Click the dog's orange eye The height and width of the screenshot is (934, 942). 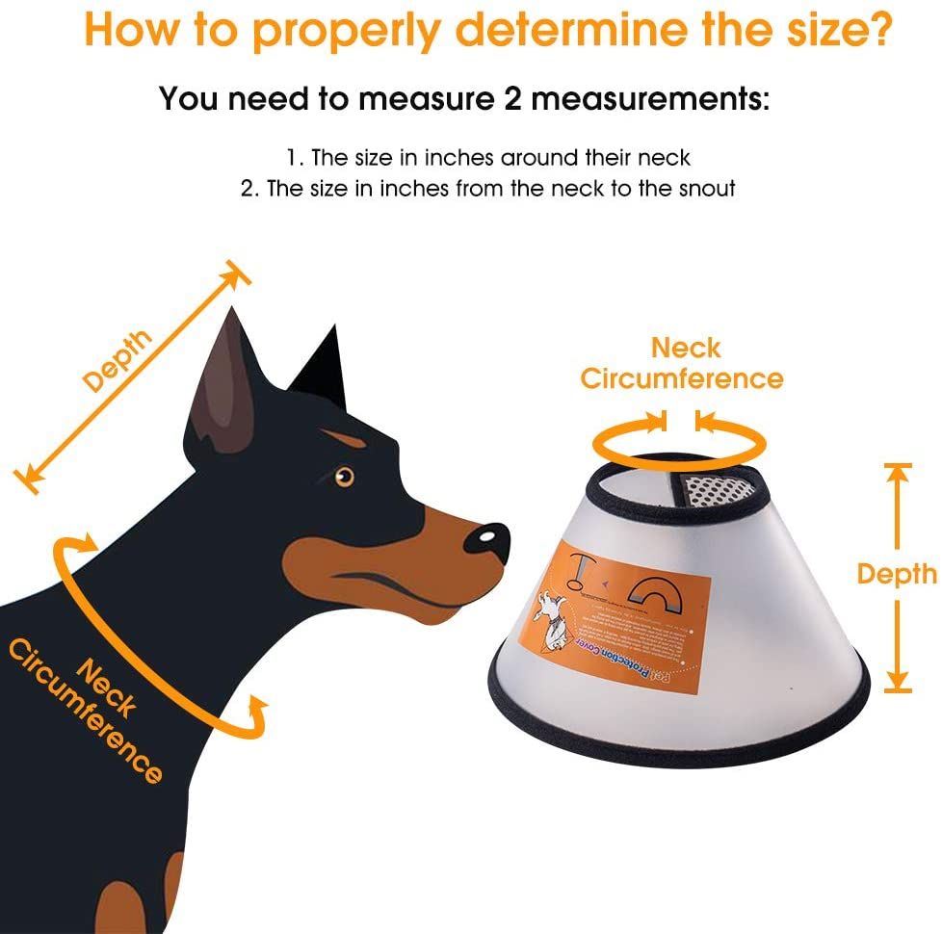[344, 476]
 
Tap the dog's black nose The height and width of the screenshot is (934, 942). [487, 540]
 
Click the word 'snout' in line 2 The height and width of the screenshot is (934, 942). [703, 189]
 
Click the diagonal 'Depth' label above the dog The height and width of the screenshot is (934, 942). [118, 360]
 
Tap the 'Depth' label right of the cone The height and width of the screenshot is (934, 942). [897, 574]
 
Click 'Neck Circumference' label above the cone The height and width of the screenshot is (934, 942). [682, 363]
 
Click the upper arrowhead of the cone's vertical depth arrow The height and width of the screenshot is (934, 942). [898, 473]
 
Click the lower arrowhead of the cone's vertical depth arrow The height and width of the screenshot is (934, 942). [898, 681]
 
